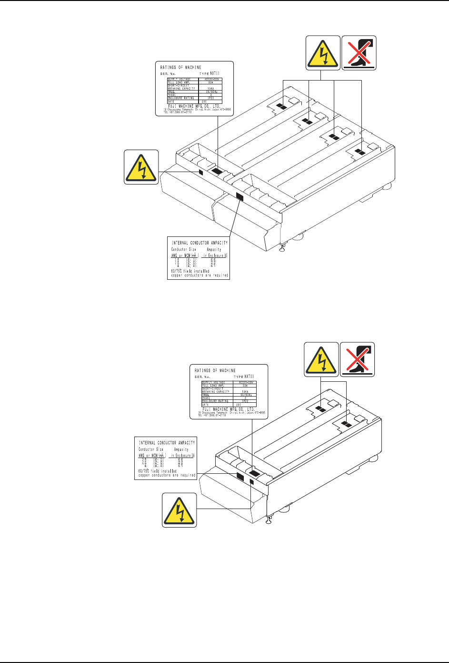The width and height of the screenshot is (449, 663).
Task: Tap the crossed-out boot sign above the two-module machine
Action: [357, 359]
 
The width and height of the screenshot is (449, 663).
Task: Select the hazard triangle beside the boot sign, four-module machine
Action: [323, 53]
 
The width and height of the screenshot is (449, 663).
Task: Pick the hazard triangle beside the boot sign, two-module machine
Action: [321, 359]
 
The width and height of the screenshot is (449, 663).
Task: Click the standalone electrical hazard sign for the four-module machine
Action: [141, 167]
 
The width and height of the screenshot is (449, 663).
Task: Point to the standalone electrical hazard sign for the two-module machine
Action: [180, 510]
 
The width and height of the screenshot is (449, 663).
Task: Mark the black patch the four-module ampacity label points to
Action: [239, 196]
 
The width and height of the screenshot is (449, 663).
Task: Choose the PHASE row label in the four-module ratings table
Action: [171, 94]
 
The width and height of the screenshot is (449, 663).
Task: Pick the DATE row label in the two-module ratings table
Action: [205, 404]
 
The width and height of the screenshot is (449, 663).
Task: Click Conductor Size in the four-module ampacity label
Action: [183, 250]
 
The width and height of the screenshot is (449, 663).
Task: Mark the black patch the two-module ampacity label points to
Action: [240, 475]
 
